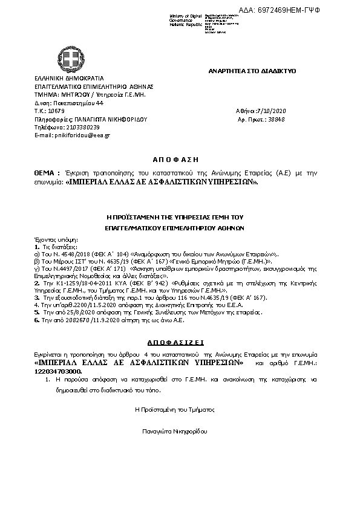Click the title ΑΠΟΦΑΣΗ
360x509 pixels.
[179, 160]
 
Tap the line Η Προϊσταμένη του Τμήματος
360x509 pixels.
[175, 409]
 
